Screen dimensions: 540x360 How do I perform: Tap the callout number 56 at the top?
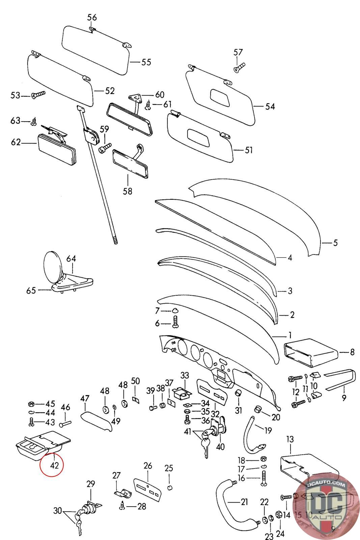92,17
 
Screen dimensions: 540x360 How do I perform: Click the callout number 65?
31,290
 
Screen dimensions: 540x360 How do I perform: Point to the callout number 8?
352,352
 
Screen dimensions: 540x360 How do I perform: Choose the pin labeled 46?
66,423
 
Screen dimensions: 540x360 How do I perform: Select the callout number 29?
91,484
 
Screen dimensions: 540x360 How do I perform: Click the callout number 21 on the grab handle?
244,502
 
